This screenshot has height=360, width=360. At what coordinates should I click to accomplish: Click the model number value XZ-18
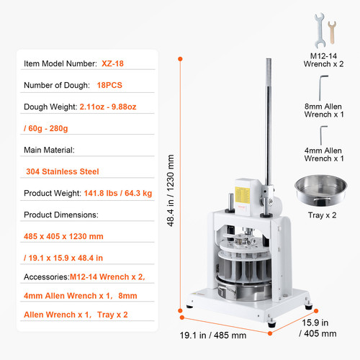click(x=112, y=63)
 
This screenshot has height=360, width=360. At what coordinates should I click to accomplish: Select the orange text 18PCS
click(x=109, y=85)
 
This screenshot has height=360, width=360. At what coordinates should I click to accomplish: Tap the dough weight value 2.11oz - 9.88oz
click(x=108, y=107)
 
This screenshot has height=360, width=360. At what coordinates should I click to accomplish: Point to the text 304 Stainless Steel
click(x=63, y=171)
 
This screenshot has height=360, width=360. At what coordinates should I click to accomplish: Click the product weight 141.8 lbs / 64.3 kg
click(x=118, y=193)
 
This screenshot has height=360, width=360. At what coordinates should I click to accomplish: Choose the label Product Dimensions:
click(x=61, y=215)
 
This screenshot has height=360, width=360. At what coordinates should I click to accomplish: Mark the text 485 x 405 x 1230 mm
click(x=63, y=236)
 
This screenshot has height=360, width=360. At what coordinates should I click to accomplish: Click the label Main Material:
click(x=49, y=150)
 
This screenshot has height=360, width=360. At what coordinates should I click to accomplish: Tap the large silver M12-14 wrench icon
click(x=320, y=31)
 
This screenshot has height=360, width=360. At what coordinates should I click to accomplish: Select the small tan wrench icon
click(x=332, y=32)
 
